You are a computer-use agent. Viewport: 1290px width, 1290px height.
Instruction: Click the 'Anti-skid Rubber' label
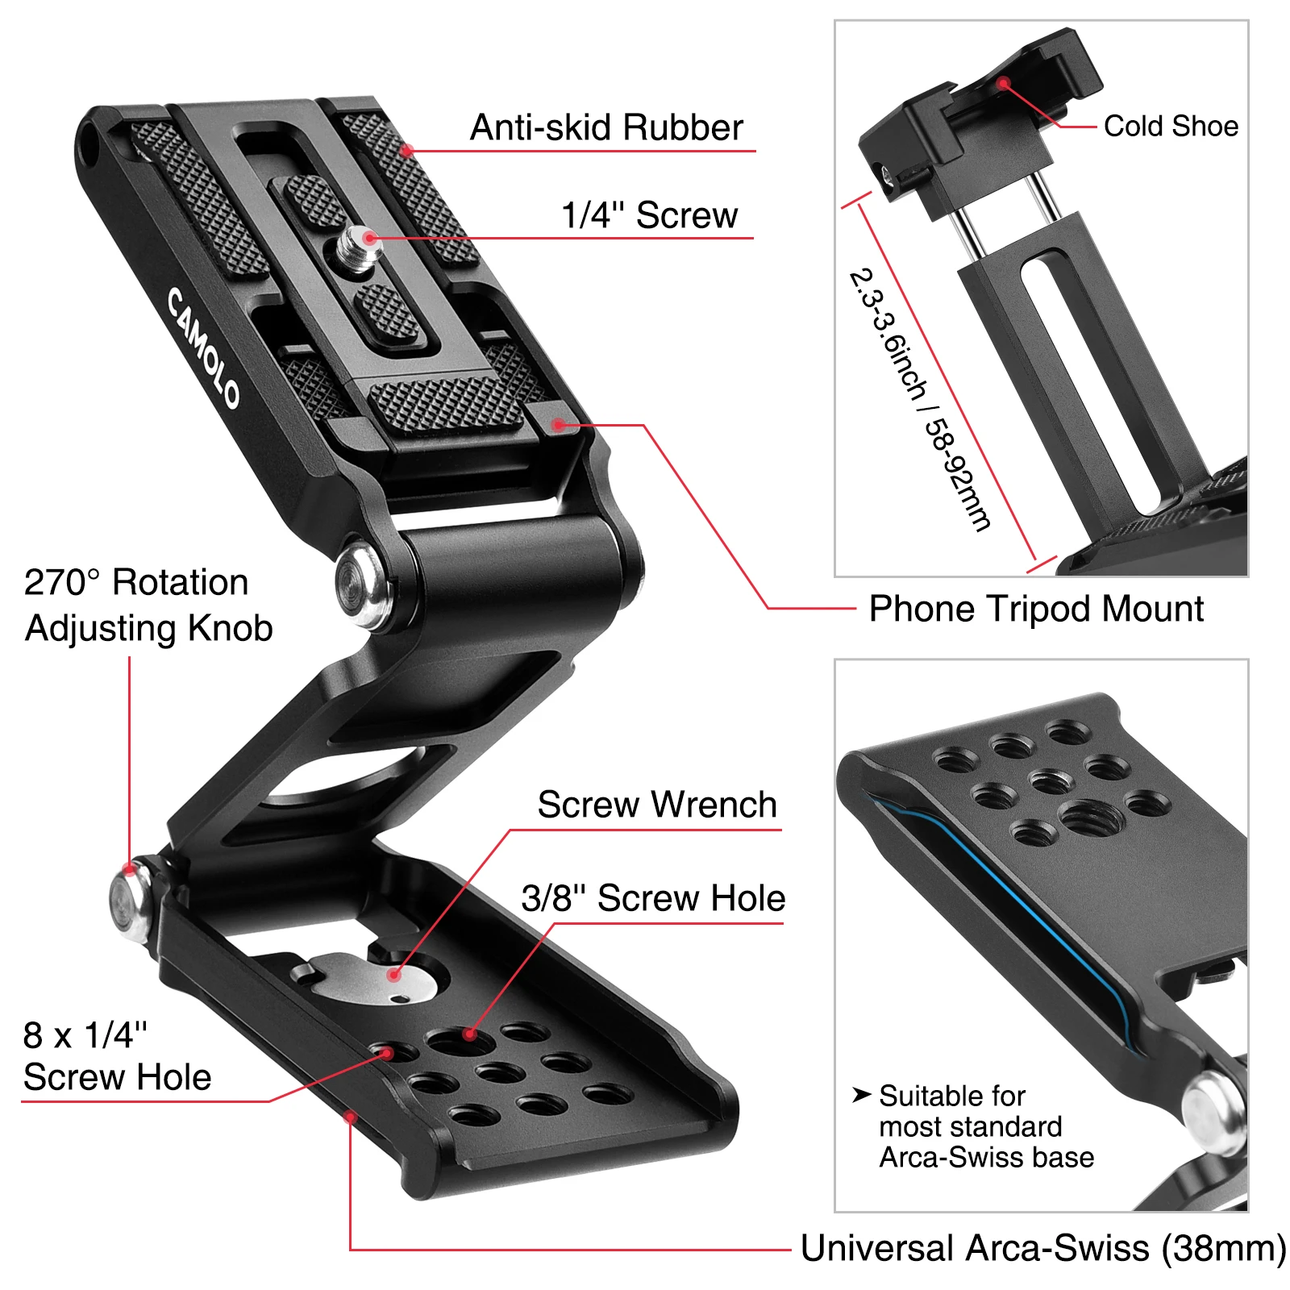(x=606, y=127)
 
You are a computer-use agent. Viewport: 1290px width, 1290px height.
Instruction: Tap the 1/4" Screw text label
(x=649, y=215)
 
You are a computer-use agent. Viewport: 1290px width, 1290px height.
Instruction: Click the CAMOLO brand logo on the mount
(x=203, y=347)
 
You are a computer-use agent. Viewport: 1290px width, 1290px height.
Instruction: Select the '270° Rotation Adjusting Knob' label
(x=148, y=605)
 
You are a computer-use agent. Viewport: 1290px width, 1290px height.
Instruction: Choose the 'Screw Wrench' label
(x=657, y=805)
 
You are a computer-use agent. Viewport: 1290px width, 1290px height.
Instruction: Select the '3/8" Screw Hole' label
(x=653, y=898)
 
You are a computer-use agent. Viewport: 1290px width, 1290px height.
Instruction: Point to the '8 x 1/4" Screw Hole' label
(x=117, y=1055)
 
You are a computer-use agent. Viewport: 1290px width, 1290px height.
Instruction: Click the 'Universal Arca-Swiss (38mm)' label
(x=1042, y=1248)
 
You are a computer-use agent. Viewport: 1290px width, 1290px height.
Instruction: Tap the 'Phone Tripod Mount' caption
(x=1036, y=609)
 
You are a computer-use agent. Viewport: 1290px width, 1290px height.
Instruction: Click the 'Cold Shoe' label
(x=1171, y=126)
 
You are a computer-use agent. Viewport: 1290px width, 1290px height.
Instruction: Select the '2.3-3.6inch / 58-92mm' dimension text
(x=919, y=399)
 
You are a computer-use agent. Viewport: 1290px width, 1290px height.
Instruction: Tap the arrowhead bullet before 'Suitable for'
(x=861, y=1094)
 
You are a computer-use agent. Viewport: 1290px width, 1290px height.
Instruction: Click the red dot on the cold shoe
(x=1004, y=83)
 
